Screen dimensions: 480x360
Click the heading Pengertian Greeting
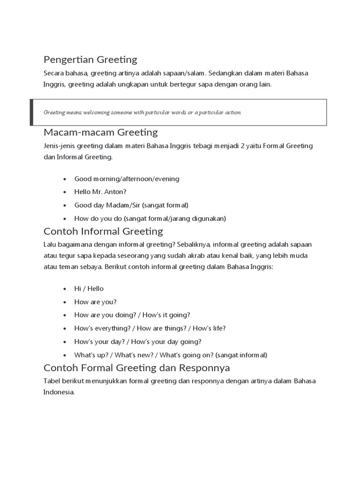point(90,60)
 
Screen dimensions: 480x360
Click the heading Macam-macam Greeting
point(100,132)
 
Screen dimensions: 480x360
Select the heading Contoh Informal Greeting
point(103,231)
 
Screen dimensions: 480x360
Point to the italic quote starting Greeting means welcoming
point(142,112)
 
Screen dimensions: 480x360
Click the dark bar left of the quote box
point(31,112)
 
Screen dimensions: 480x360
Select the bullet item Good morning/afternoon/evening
point(127,179)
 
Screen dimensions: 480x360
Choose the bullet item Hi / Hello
point(89,288)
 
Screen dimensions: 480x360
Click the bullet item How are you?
point(95,301)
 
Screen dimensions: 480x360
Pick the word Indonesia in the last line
point(59,392)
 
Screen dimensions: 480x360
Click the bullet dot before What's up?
point(64,355)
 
